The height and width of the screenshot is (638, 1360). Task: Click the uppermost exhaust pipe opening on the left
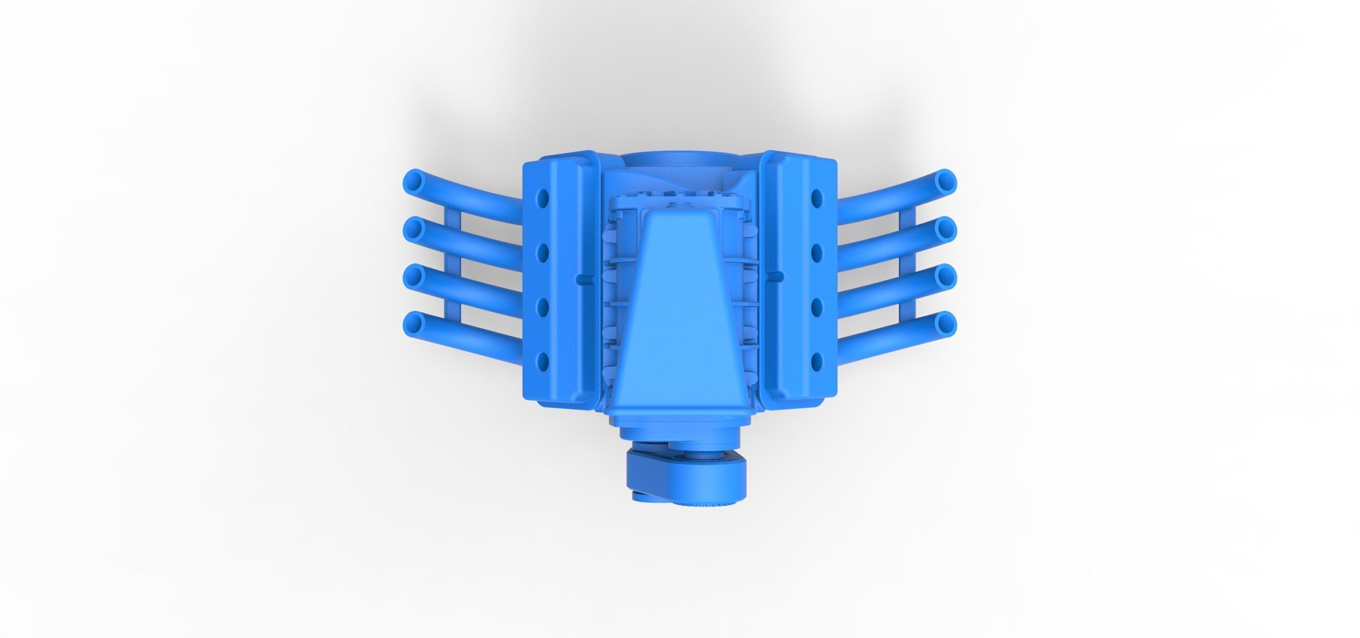(x=414, y=180)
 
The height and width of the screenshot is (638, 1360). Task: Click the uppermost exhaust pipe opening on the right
(x=946, y=180)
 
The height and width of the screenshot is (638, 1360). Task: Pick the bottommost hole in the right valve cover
(x=817, y=360)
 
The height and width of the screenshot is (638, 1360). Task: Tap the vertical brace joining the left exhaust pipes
(x=453, y=272)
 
